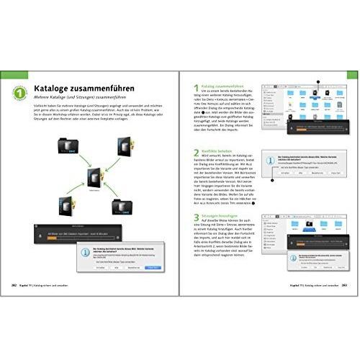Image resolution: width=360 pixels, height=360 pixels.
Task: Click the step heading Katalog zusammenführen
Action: tap(225, 85)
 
